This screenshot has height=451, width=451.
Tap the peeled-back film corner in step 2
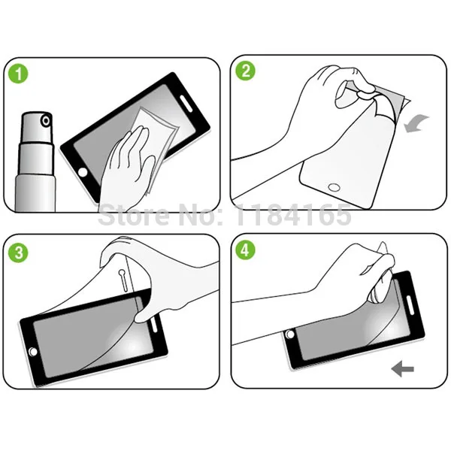click(x=398, y=98)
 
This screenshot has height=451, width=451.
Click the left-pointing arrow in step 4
click(x=403, y=368)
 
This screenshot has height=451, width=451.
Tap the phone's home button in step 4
click(x=289, y=334)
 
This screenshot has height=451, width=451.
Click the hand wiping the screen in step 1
click(x=128, y=158)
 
